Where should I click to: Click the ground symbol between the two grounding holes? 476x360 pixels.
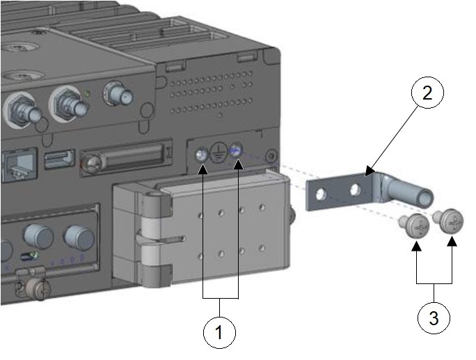click(x=219, y=152)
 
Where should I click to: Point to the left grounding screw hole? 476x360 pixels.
click(x=202, y=154)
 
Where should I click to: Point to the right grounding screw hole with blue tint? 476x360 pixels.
click(x=237, y=148)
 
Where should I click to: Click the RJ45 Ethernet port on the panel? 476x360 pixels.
click(x=17, y=166)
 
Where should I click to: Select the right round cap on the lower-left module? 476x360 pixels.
click(x=78, y=237)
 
